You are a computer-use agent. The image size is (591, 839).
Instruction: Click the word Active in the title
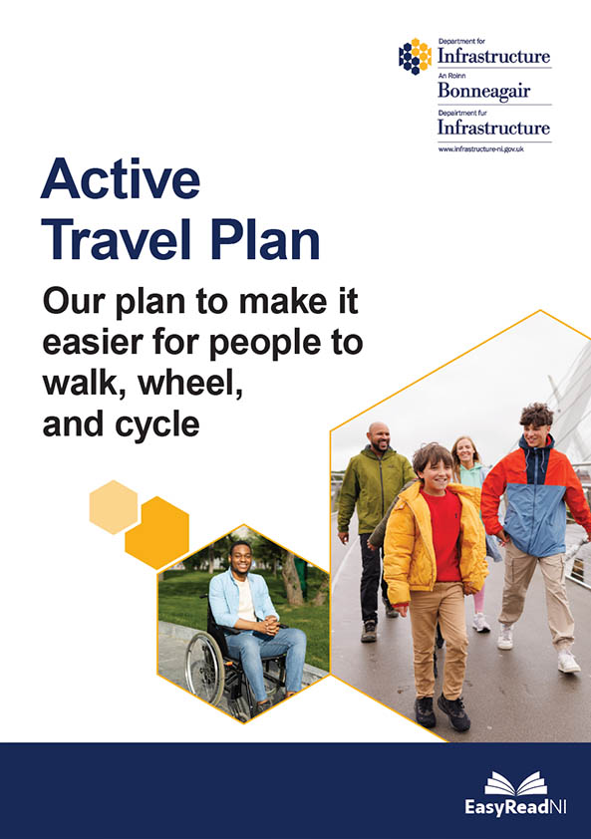click(121, 180)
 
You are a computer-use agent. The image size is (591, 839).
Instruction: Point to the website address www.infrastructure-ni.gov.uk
click(480, 147)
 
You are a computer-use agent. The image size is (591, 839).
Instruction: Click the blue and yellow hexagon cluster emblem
click(415, 56)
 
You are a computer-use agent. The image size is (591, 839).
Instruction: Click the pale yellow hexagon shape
click(113, 506)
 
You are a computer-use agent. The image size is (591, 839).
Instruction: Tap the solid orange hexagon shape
click(156, 532)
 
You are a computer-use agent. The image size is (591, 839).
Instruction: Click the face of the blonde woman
click(464, 452)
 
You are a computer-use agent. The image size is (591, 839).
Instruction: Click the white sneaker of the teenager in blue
click(568, 661)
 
